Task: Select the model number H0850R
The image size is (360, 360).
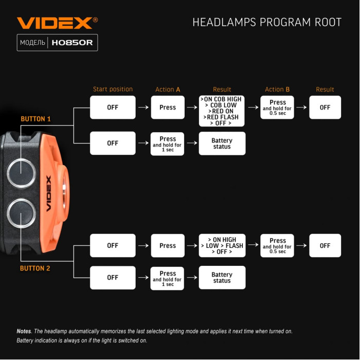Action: pyautogui.click(x=72, y=43)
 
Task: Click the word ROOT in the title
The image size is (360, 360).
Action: pyautogui.click(x=328, y=22)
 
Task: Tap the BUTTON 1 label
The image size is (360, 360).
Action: pyautogui.click(x=35, y=119)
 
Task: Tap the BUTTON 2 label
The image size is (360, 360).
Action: pyautogui.click(x=35, y=268)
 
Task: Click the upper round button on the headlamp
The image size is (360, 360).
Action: pyautogui.click(x=21, y=173)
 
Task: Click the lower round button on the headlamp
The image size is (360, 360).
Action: pyautogui.click(x=21, y=213)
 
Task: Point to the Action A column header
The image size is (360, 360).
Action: pyautogui.click(x=168, y=89)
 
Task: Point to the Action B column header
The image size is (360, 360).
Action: pyautogui.click(x=277, y=89)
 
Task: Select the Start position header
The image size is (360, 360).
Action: pyautogui.click(x=113, y=89)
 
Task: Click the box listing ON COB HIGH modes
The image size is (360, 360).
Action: pyautogui.click(x=222, y=111)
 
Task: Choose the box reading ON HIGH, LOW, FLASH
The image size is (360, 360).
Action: pyautogui.click(x=222, y=245)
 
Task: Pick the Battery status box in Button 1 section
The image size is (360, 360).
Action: pyautogui.click(x=222, y=143)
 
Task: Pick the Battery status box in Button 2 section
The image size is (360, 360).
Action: pyautogui.click(x=222, y=277)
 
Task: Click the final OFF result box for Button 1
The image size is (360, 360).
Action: pyautogui.click(x=325, y=107)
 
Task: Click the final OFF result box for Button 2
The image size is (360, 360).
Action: pyautogui.click(x=325, y=245)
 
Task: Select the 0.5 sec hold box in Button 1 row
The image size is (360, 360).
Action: pyautogui.click(x=277, y=107)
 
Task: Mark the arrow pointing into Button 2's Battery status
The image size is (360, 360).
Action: pyautogui.click(x=192, y=277)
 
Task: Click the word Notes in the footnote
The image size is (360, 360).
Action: pyautogui.click(x=24, y=331)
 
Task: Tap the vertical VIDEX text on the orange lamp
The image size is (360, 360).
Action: pyautogui.click(x=49, y=193)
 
